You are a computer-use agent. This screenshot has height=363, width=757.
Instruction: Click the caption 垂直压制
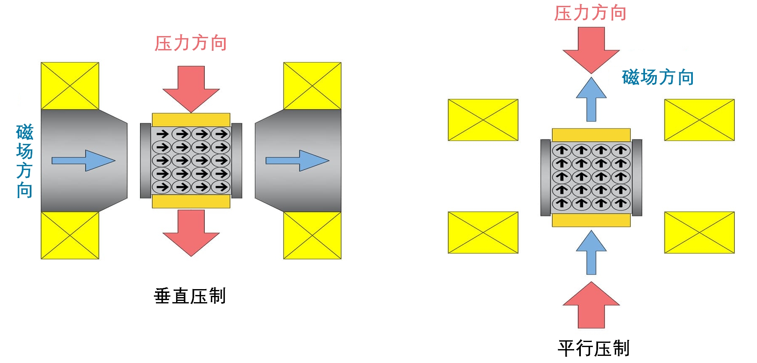pos(190,296)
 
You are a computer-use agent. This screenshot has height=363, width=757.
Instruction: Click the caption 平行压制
pos(593,348)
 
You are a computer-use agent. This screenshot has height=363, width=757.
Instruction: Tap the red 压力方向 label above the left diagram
pos(191,43)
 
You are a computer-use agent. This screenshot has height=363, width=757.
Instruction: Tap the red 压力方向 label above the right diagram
pos(590,13)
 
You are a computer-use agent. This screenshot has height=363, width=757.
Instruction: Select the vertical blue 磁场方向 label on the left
pos(25,161)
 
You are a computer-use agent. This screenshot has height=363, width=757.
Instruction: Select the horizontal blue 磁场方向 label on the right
pos(658,77)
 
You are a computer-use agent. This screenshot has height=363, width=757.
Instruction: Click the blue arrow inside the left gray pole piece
pos(83,161)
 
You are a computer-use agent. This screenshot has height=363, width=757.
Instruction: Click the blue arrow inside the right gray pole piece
pos(297,161)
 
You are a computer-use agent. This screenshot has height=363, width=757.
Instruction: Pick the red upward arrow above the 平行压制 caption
pos(591,306)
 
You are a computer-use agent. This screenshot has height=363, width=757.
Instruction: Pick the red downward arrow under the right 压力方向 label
pos(591,49)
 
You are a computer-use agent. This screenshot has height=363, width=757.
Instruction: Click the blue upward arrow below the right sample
pos(591,252)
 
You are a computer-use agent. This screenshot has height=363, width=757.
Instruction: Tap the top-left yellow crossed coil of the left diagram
pos(70,86)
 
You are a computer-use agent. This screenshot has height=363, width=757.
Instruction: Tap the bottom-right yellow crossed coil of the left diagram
pos(312,235)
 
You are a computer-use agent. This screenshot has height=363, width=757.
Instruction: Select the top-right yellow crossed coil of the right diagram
pos(699,120)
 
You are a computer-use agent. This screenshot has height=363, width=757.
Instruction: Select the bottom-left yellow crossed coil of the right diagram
pos(483,232)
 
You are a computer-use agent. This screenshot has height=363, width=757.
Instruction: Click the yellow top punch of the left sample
pos(191,120)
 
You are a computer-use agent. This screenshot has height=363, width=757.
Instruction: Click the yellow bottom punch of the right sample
pos(591,220)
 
